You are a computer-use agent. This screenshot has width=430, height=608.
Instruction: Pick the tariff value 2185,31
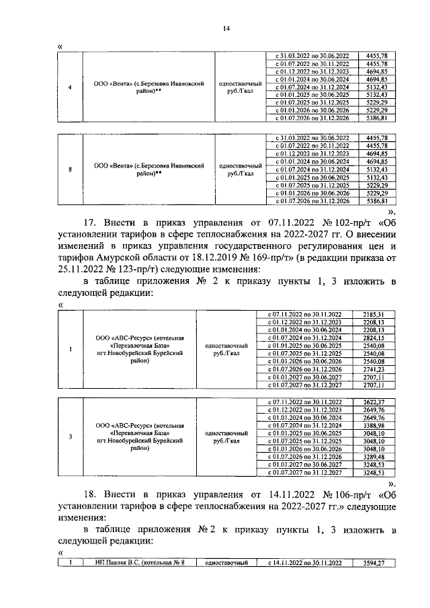coord(373,314)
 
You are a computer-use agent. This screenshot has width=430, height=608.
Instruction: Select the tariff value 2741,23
coord(373,370)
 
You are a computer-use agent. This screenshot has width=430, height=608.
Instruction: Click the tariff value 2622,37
coord(373,402)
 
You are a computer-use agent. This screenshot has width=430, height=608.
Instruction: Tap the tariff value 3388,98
coord(373,424)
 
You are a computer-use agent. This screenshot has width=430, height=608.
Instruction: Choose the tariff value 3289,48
coord(373,457)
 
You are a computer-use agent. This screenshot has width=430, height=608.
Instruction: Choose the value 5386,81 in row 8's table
coord(373,201)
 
